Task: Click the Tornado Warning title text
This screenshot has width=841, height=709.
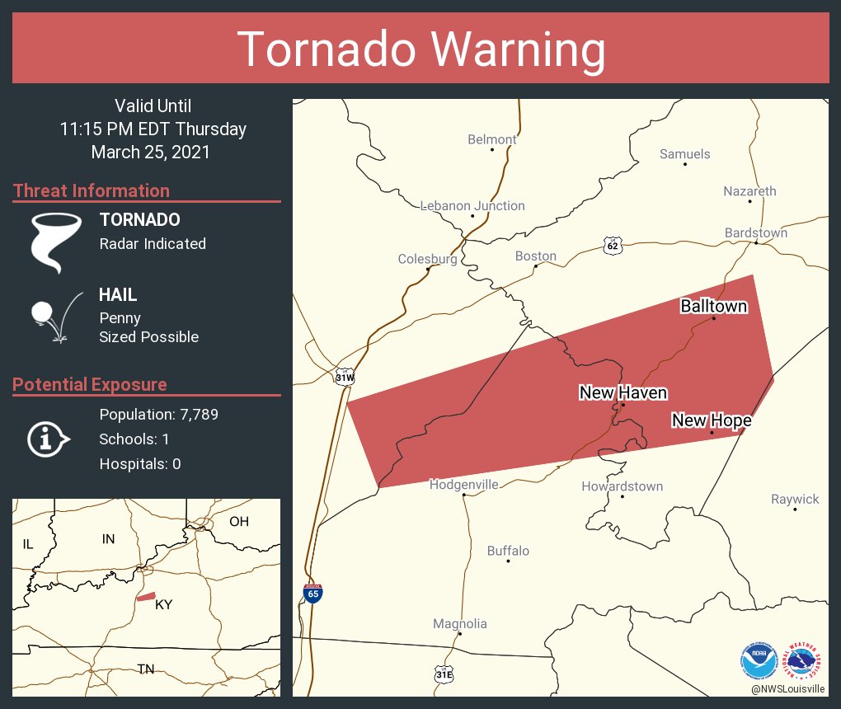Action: [x=420, y=49]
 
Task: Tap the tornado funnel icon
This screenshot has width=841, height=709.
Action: [x=55, y=242]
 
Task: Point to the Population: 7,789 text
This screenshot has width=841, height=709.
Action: [x=158, y=414]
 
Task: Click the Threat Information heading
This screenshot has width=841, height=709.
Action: [x=92, y=190]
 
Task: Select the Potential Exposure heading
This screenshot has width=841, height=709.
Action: [x=90, y=384]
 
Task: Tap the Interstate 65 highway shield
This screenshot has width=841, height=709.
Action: [x=312, y=592]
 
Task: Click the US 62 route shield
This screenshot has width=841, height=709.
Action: [x=611, y=245]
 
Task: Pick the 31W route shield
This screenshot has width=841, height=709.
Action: [x=345, y=378]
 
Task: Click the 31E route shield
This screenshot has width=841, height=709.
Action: [x=444, y=674]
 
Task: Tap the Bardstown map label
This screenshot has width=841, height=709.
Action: [x=755, y=232]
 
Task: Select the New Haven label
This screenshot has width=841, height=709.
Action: [x=623, y=392]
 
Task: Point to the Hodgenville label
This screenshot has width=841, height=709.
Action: [x=463, y=485]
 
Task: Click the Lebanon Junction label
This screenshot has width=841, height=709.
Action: [x=472, y=206]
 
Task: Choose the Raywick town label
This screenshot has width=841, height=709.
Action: [x=795, y=499]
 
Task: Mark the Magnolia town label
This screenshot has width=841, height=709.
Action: [x=460, y=624]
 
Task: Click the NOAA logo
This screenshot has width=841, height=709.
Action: [x=759, y=660]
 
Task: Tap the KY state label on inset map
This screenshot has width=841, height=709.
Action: [x=164, y=604]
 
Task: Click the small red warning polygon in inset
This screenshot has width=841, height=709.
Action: [x=146, y=596]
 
